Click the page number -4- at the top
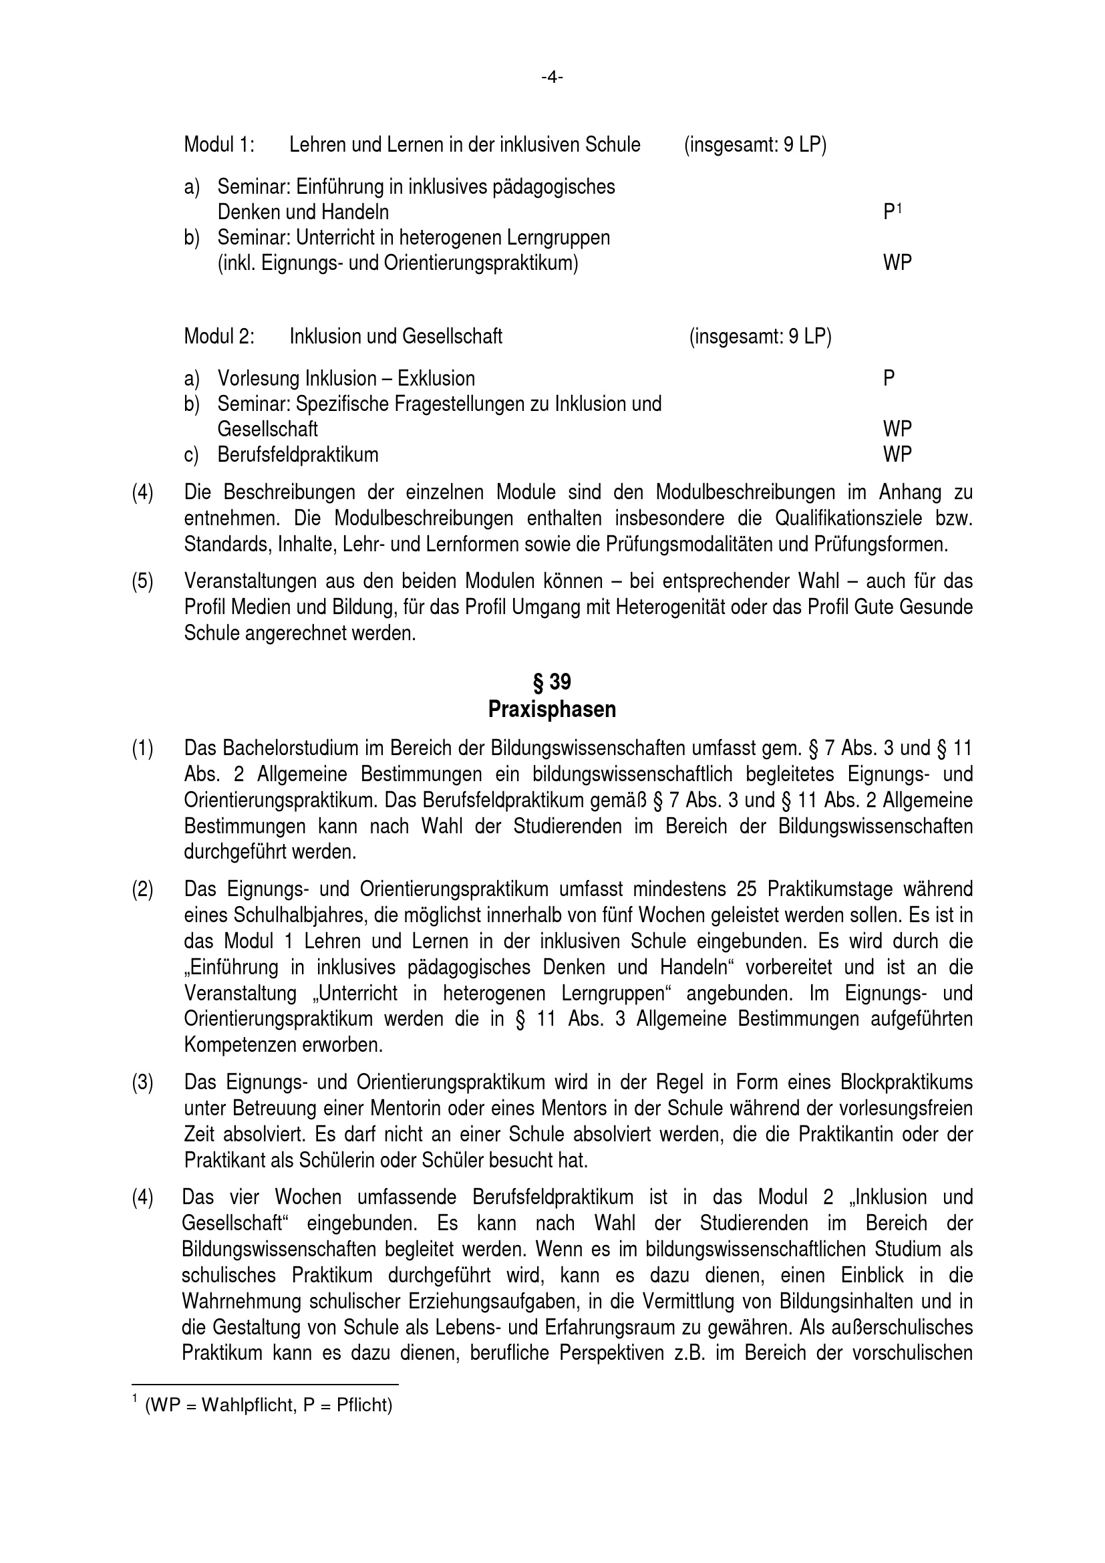tap(552, 78)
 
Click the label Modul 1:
tap(219, 145)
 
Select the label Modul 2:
tap(219, 336)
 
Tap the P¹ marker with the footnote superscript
tap(892, 212)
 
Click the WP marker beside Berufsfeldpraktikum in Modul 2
tap(897, 455)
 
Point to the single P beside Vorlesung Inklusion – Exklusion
tap(889, 378)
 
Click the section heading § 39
tap(552, 682)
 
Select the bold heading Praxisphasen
tap(552, 710)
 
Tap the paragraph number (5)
tap(142, 581)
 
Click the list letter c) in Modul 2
tap(191, 455)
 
